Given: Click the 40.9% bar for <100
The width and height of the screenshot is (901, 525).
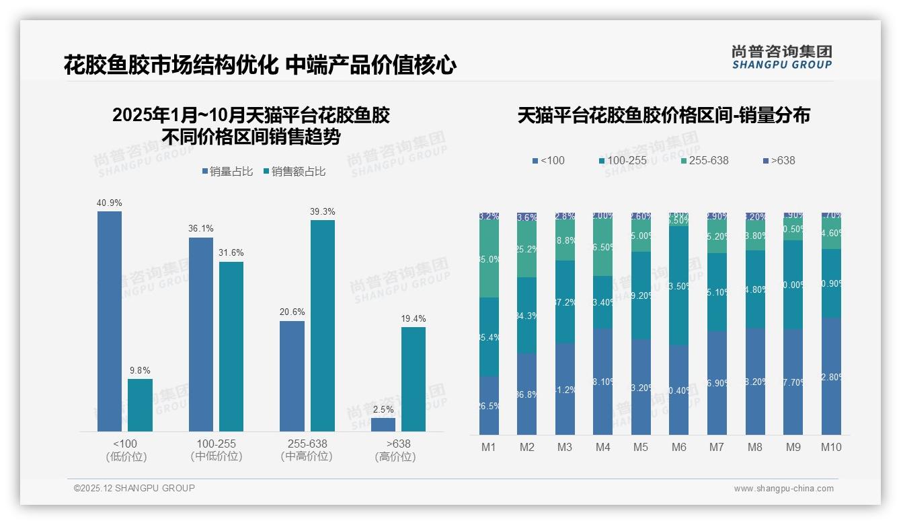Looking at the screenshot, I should [110, 321].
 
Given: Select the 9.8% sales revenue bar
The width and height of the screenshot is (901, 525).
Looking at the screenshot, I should [140, 405].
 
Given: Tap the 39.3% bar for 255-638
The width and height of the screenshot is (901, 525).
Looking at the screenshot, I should [323, 326].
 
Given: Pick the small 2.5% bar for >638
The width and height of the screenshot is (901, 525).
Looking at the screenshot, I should [383, 425].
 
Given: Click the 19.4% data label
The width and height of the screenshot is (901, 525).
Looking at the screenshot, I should [413, 318].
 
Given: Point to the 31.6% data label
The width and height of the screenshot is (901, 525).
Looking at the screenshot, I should [231, 252].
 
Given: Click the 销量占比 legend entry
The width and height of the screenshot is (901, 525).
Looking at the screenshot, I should [227, 172].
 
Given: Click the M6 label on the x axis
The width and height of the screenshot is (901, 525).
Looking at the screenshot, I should [678, 447].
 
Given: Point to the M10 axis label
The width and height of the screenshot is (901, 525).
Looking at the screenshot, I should [831, 447].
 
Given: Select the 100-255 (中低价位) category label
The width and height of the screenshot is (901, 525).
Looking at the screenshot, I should [216, 450].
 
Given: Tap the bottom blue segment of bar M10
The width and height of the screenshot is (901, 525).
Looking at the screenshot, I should [831, 376].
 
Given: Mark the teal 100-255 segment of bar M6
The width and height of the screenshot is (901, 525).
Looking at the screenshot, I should [678, 285].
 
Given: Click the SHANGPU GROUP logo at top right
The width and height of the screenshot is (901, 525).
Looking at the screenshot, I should [781, 57].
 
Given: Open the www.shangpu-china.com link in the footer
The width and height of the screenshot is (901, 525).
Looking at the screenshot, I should [783, 489].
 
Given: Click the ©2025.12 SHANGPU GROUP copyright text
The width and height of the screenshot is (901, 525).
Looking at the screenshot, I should [134, 488].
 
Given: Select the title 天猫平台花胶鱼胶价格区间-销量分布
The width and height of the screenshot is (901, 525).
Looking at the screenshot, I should [664, 115].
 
